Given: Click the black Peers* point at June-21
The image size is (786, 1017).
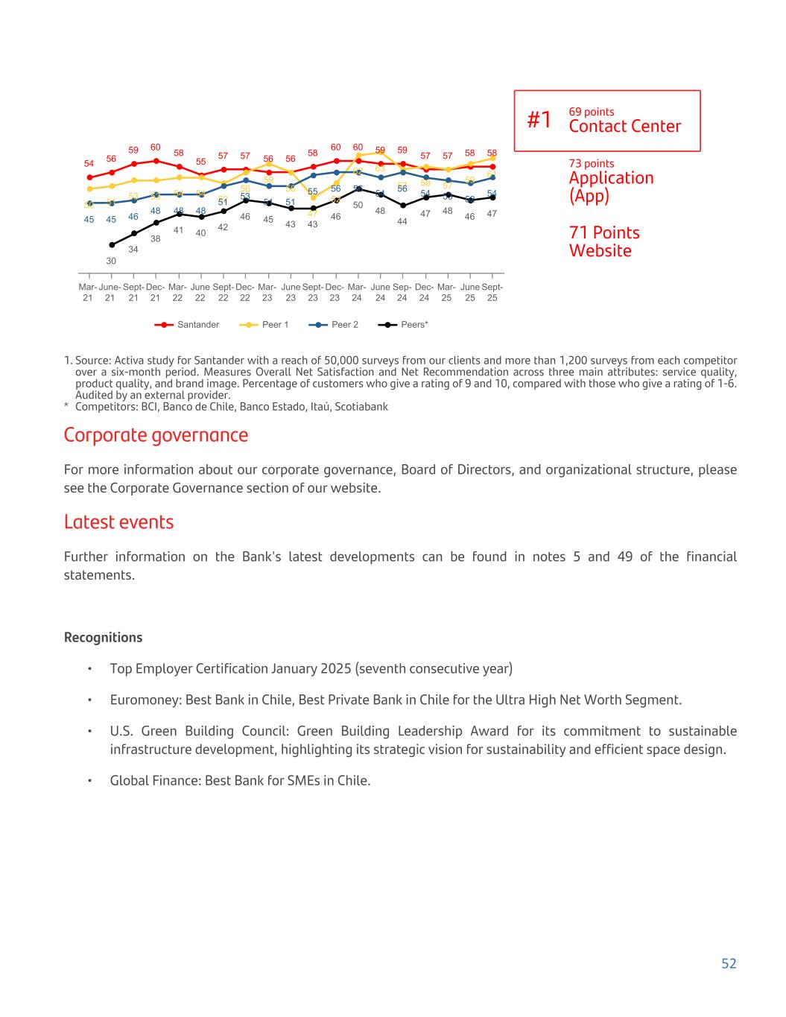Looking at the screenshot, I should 112,244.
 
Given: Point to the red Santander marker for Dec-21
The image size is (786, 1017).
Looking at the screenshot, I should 156,161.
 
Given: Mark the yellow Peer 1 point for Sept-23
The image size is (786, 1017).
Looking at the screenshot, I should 313,197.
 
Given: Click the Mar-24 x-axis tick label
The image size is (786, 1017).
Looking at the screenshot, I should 357,292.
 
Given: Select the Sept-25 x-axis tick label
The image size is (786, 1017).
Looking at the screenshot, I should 492,292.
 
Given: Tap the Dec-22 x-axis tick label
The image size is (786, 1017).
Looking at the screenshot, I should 244,292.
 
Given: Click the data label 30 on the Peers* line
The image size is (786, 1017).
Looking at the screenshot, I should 111,261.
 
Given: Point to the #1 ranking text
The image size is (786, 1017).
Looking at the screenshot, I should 539,120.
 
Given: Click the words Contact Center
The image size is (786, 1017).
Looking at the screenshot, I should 624,126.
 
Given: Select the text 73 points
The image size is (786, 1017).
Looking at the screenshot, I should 592,164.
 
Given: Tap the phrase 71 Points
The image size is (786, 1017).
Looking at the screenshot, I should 604,233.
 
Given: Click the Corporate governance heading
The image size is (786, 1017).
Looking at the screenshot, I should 156,435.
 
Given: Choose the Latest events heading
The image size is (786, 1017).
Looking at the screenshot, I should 118,522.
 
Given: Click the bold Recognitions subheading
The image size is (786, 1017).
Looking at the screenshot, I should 103,638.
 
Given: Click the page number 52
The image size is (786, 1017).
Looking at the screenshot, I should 728,963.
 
